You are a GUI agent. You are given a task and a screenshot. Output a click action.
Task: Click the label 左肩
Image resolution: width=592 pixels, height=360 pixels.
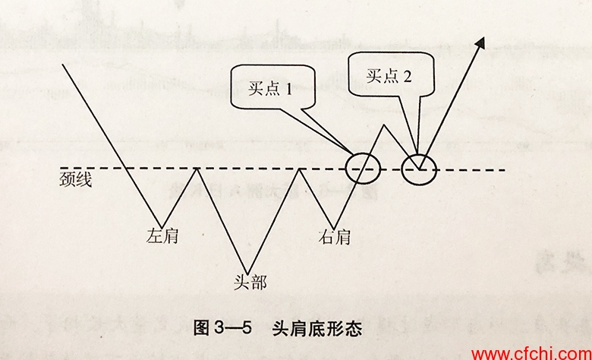point(162,236)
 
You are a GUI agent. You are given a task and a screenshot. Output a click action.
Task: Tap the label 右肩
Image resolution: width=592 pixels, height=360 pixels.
point(335,237)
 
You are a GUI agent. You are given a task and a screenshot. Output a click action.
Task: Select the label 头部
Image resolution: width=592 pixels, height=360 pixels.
point(250,283)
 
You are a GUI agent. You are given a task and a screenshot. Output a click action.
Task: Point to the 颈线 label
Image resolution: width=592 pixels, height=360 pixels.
point(75,179)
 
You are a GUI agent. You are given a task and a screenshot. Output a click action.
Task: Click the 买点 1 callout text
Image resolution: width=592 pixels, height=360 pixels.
point(270,89)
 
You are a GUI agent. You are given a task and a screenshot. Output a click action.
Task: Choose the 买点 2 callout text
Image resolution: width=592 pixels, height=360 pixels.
point(389,76)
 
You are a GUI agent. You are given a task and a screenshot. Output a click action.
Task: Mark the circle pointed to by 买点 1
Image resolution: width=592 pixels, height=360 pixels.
point(363,169)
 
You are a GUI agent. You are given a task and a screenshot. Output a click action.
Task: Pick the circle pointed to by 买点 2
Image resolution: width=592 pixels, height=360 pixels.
point(419,169)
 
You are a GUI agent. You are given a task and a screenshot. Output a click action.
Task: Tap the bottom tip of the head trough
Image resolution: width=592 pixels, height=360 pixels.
point(247,274)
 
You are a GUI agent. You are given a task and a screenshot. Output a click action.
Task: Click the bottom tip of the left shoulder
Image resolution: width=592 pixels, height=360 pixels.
point(162,227)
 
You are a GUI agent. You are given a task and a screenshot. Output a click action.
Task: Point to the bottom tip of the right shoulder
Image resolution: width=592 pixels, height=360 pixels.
point(334,229)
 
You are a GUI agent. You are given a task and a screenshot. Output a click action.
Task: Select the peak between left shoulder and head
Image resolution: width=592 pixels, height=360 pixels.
point(197,168)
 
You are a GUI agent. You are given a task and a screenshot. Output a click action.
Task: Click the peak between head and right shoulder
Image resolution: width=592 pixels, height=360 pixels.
point(299,169)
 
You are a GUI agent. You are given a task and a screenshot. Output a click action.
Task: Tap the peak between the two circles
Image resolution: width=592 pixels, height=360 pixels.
point(384,125)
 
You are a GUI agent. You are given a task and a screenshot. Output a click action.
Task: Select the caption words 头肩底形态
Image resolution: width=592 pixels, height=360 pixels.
point(317,328)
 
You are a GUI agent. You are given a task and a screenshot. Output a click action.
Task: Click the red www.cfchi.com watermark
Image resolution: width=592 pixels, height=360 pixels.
point(531,354)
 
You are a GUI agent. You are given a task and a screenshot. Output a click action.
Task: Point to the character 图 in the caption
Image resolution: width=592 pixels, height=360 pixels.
point(202,328)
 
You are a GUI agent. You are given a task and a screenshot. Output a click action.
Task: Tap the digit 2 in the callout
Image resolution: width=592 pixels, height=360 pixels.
point(407,77)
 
